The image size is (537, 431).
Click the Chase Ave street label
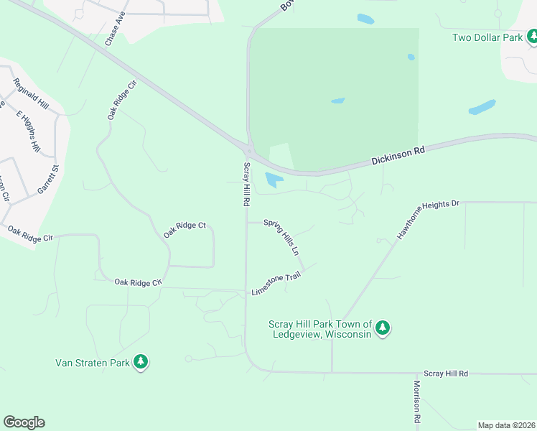tap(115, 29)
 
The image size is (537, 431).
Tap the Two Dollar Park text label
tap(486, 37)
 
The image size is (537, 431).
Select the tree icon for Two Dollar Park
tap(532, 37)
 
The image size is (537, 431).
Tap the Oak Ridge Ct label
tap(185, 230)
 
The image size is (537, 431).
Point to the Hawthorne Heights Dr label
tap(428, 220)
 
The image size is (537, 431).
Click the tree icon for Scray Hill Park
tap(383, 328)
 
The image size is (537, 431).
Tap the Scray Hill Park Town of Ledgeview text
tap(319, 329)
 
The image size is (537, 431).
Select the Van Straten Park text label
tap(93, 362)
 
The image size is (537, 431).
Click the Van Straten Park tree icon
tap(141, 362)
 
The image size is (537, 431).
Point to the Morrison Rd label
tap(416, 401)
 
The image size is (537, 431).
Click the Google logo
tap(24, 422)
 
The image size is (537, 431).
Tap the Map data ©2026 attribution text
tap(506, 425)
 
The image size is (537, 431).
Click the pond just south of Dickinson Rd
tap(274, 180)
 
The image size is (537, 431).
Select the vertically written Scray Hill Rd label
tap(246, 185)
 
